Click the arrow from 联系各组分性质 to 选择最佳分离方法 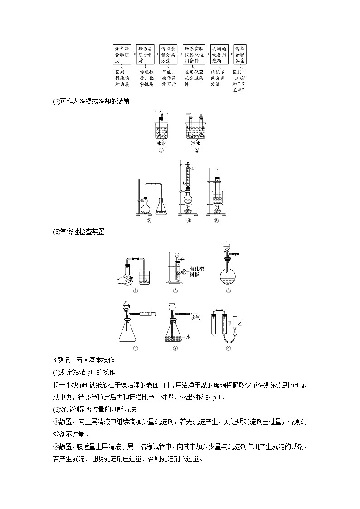click(156, 54)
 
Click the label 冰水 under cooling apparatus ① click(161, 144)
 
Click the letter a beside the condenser click(193, 168)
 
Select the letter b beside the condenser click(184, 183)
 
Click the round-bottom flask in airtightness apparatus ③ click(229, 272)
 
